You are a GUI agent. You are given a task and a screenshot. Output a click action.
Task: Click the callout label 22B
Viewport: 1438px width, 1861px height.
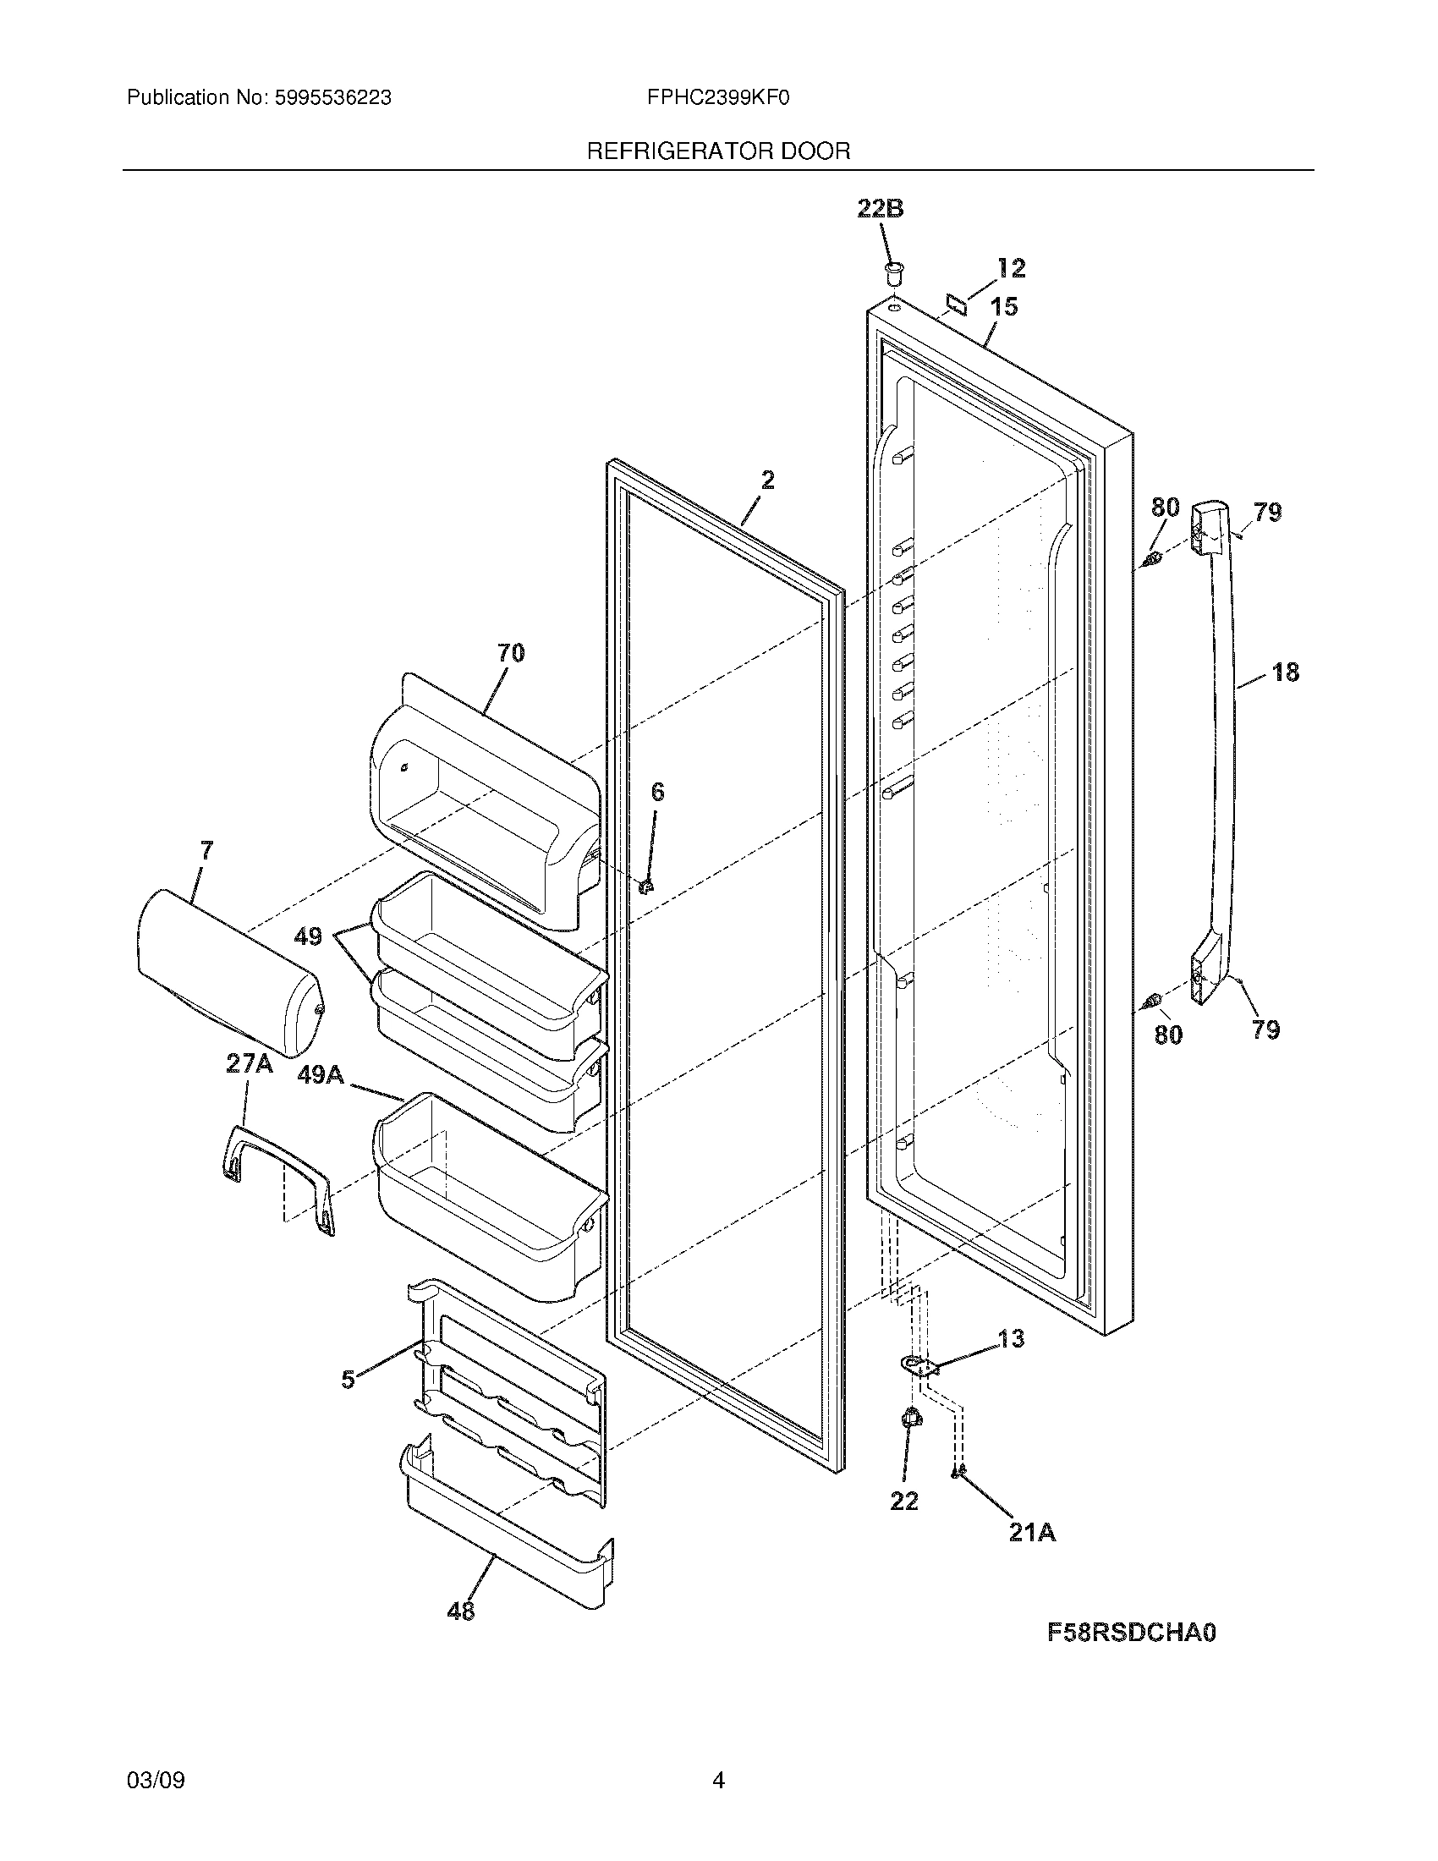880,208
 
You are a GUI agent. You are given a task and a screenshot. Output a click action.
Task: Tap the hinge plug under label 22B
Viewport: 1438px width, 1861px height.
892,274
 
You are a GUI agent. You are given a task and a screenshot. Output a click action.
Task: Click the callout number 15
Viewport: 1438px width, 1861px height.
1004,306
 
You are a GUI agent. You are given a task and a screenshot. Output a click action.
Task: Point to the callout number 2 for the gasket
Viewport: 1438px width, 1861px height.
766,480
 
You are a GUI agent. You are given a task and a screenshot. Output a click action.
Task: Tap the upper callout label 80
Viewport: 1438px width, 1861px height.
1165,508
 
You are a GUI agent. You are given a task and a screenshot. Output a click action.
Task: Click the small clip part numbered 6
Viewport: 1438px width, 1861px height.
645,887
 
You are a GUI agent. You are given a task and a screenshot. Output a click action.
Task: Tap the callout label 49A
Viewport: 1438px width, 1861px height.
321,1075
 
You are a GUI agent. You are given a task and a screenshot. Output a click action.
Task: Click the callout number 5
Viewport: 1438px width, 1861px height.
348,1380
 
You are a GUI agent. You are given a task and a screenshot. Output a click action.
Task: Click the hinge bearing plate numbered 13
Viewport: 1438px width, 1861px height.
916,1366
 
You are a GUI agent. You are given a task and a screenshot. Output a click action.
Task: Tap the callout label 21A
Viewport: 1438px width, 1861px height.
1032,1532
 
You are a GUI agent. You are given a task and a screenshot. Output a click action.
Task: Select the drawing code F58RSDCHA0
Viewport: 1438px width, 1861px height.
1131,1633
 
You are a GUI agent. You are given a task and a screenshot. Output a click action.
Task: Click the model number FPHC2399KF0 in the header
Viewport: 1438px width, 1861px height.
718,98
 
